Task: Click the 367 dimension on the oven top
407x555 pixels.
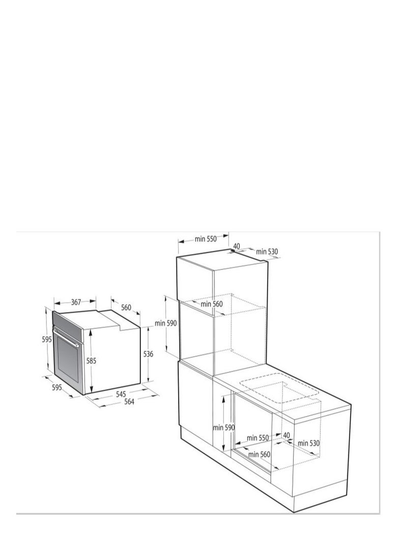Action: tap(76, 302)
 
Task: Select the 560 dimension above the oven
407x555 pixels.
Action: tap(126, 307)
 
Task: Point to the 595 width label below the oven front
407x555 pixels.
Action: tap(56, 387)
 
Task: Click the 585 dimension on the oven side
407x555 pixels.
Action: tap(91, 361)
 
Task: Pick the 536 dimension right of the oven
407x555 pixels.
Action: tap(148, 354)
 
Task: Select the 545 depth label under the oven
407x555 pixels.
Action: tap(121, 394)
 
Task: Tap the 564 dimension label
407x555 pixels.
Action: tap(129, 402)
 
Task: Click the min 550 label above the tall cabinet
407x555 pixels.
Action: tap(206, 239)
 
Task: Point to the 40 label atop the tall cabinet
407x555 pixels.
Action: tap(237, 246)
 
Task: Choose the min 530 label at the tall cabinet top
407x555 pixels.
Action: tap(267, 252)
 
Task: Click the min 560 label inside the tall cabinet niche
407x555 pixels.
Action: tap(212, 304)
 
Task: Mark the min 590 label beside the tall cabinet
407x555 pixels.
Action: tap(166, 324)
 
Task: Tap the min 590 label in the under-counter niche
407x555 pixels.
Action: tap(224, 428)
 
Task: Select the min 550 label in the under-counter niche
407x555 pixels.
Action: tap(258, 437)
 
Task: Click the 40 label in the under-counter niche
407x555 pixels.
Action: tap(286, 435)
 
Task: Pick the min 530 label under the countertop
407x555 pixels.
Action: tap(309, 443)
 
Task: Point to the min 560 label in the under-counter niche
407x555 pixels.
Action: tap(259, 454)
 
